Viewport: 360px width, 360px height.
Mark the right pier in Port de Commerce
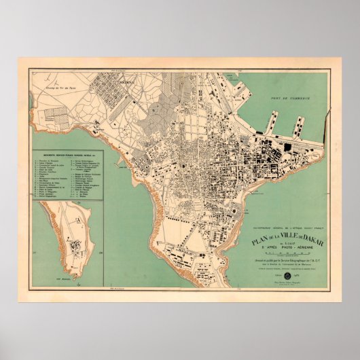tap(298, 126)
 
